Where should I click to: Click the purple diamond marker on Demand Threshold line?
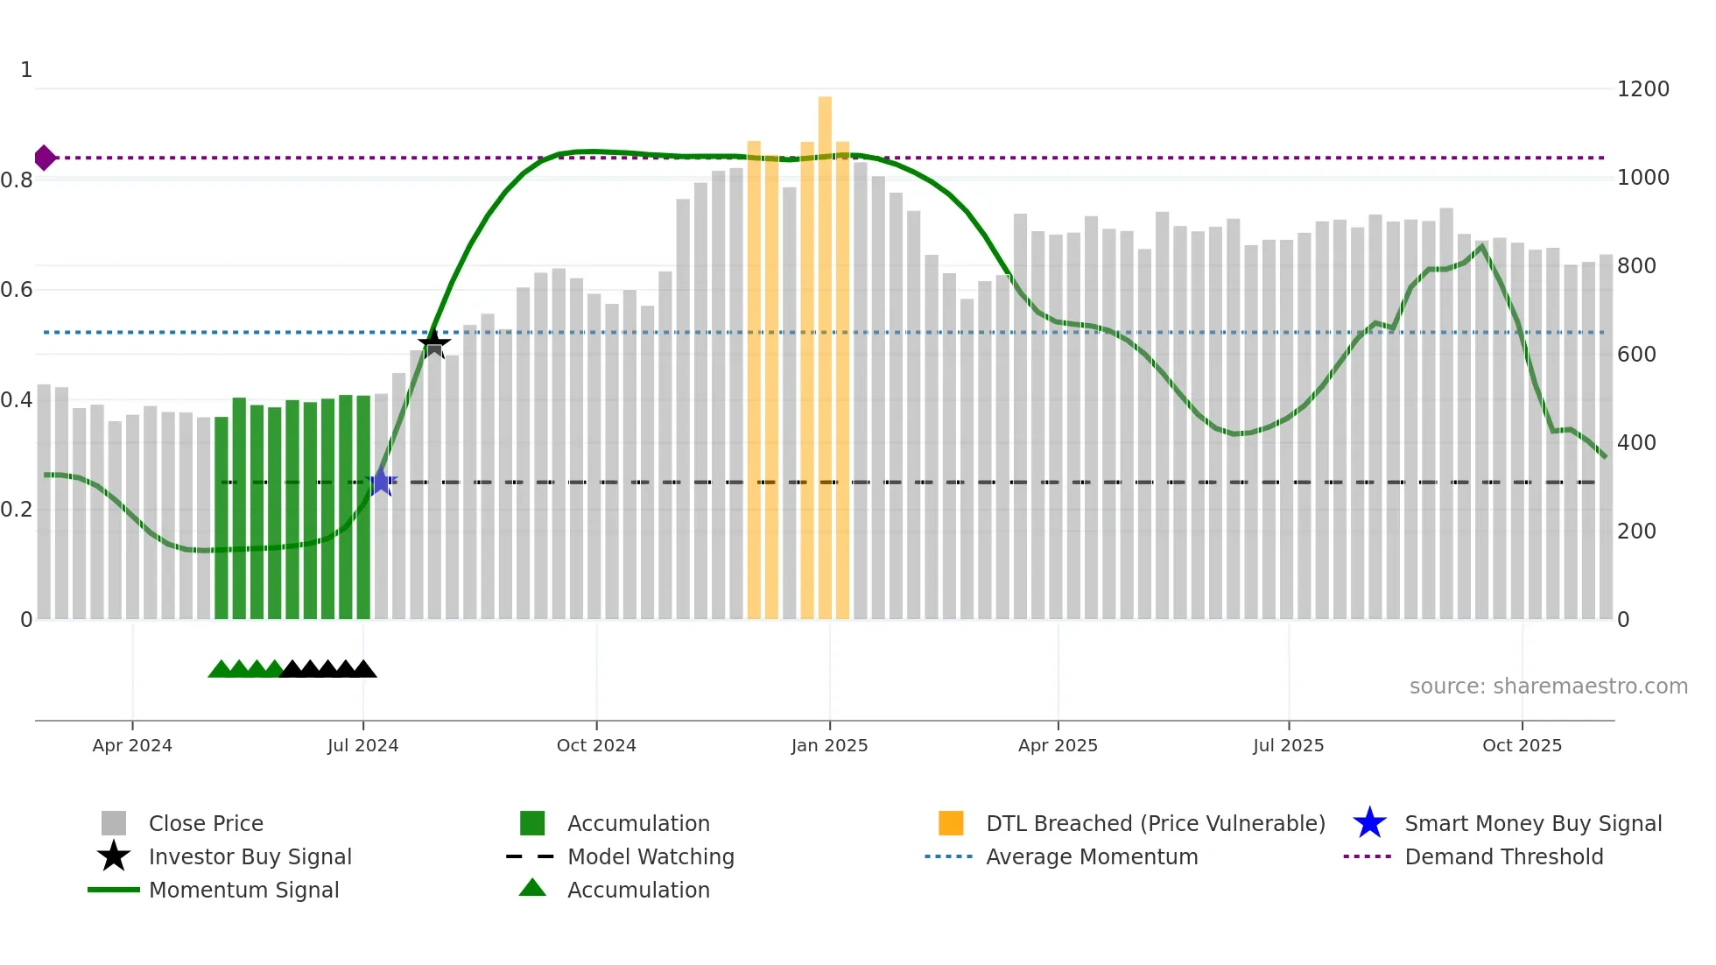tap(45, 158)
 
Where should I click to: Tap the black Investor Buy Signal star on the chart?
tap(433, 342)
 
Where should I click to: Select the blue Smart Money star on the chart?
tap(381, 482)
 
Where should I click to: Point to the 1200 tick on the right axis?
tap(1642, 89)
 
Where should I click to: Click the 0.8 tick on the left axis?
tap(17, 180)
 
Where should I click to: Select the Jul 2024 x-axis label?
tap(362, 745)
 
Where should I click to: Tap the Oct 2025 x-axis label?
tap(1522, 745)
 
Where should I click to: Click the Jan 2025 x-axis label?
tap(829, 745)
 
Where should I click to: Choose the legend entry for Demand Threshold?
tap(1503, 856)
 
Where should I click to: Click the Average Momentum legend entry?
tap(1091, 856)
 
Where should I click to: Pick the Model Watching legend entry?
tap(650, 856)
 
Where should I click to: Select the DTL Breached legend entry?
tap(1155, 823)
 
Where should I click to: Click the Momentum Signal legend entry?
tap(243, 890)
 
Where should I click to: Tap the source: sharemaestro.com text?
tap(1548, 687)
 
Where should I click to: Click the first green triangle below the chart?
tap(221, 670)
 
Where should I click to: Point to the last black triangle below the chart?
tap(363, 670)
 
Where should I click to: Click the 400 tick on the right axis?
tap(1635, 443)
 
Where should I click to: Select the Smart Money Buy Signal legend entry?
tap(1532, 823)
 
